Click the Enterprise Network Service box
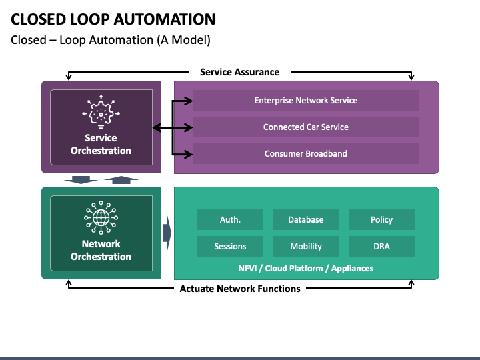[x=306, y=101]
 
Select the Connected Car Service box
[x=306, y=127]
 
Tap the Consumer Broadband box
[x=306, y=154]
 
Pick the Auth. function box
[x=230, y=219]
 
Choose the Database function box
[x=306, y=219]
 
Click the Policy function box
[x=381, y=219]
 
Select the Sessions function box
[x=230, y=246]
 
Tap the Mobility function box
[x=306, y=246]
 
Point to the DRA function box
[x=381, y=246]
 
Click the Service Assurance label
[x=240, y=72]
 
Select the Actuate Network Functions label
[x=240, y=289]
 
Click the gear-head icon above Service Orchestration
[x=101, y=112]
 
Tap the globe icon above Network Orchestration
[x=101, y=217]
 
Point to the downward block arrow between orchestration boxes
[x=81, y=180]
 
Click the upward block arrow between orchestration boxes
[x=121, y=180]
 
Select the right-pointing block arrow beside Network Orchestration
[x=167, y=233]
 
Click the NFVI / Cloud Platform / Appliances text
[x=306, y=269]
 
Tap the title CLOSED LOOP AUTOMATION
[x=113, y=19]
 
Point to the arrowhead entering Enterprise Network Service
[x=188, y=101]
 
